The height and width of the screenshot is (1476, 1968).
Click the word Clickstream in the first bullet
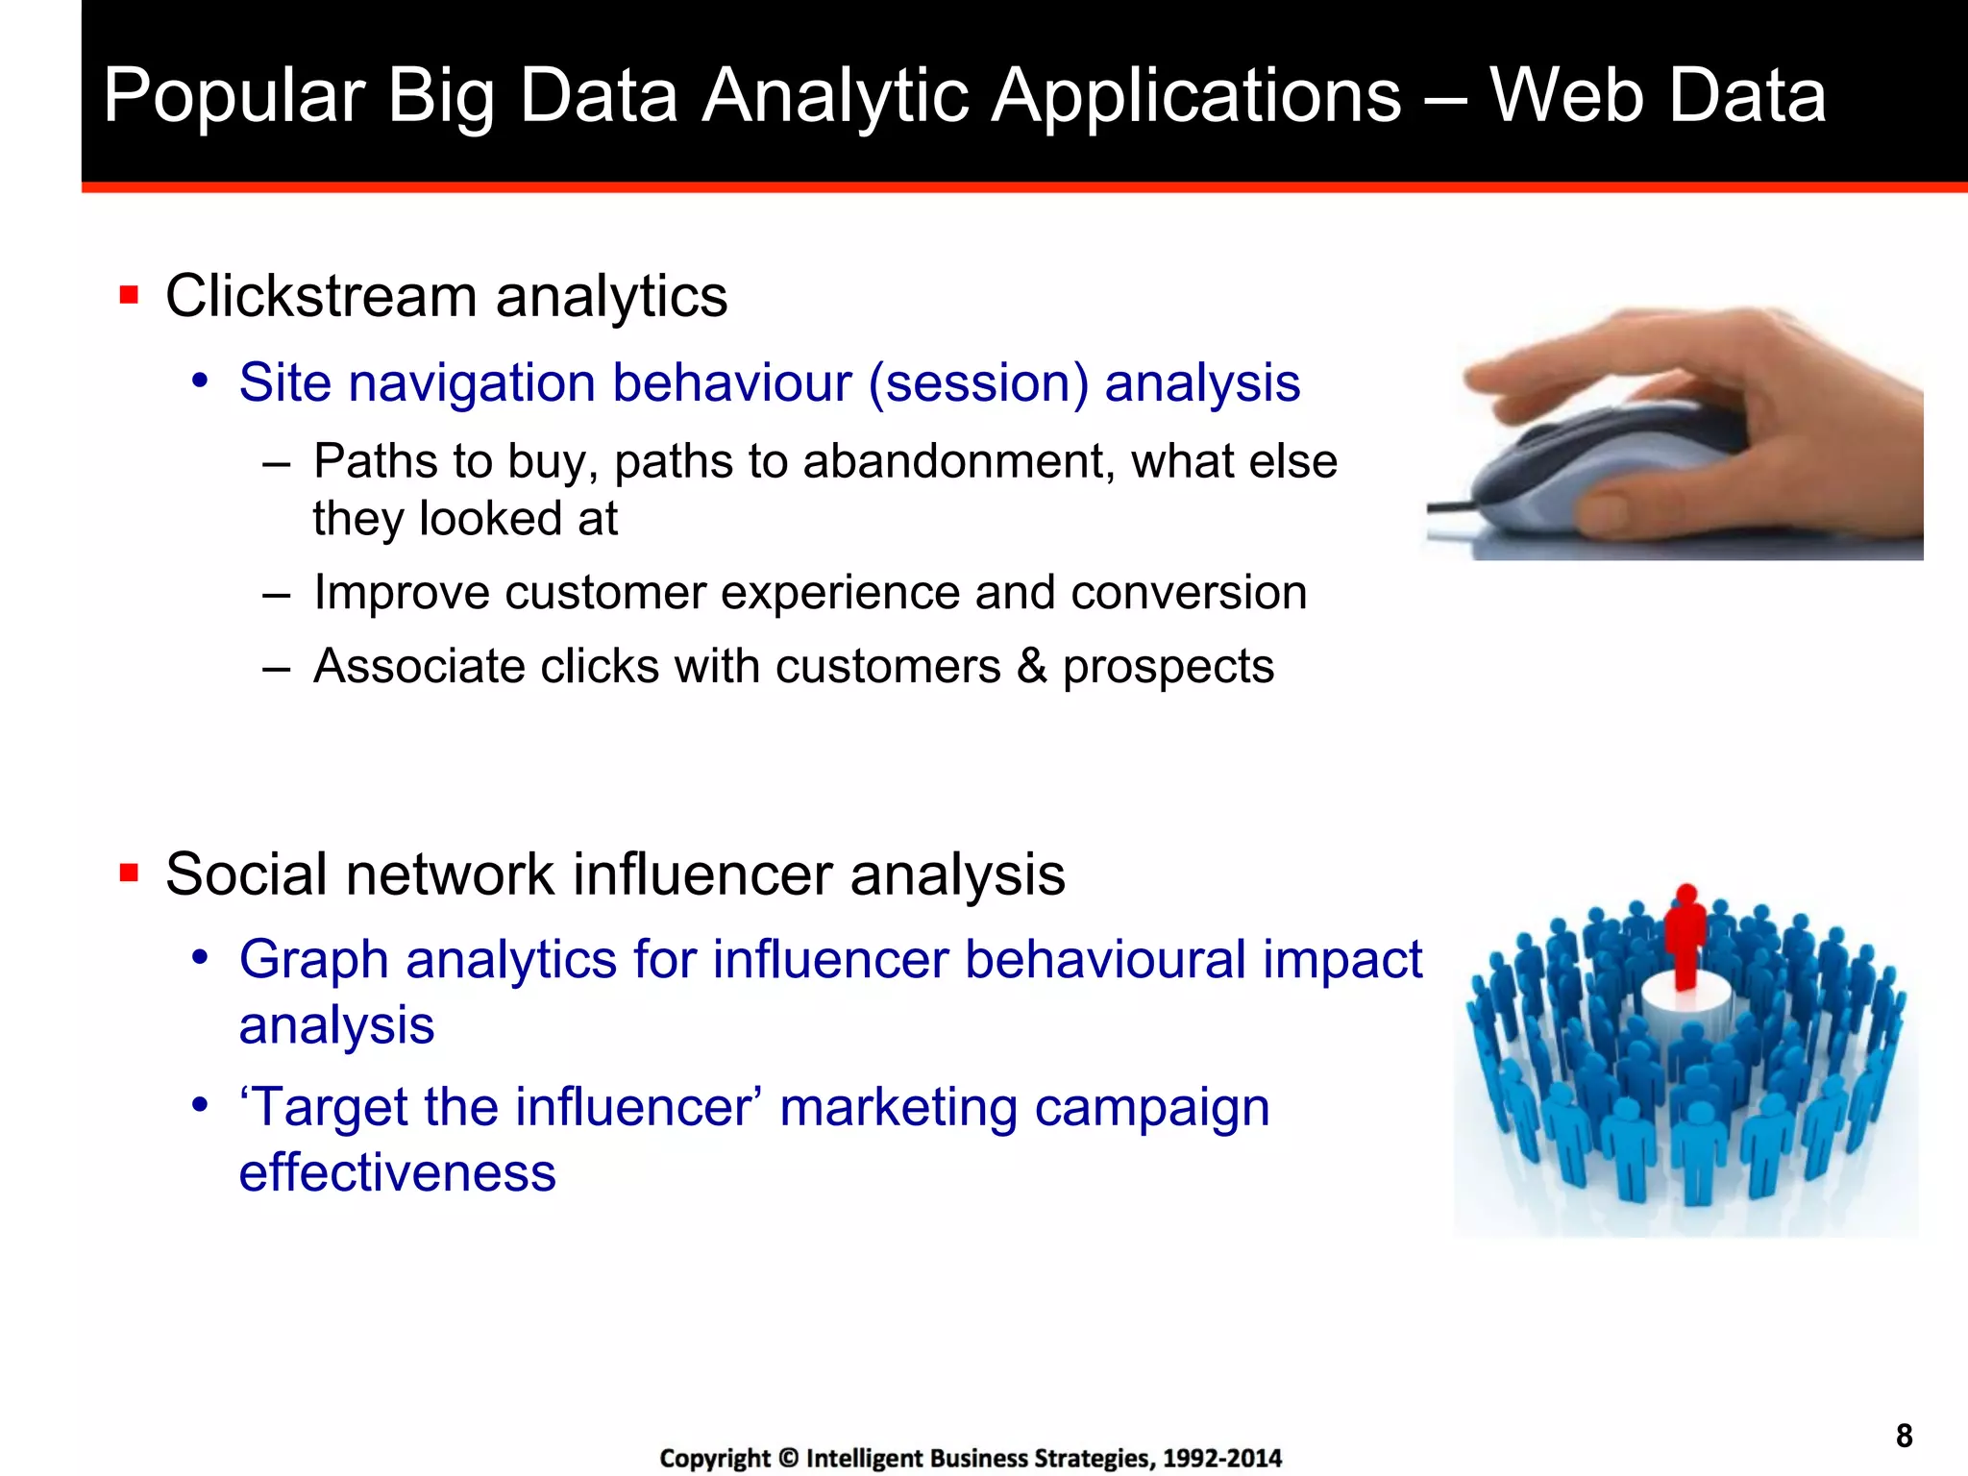point(321,296)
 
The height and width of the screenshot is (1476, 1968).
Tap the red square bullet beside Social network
point(129,873)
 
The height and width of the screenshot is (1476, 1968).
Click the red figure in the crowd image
point(1685,937)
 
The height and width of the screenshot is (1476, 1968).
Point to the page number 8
point(1904,1436)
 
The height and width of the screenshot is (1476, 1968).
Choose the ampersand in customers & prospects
point(1031,667)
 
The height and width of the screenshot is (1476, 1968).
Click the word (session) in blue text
point(978,383)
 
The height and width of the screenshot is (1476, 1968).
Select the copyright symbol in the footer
point(788,1459)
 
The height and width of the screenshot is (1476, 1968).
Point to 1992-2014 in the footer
point(1221,1459)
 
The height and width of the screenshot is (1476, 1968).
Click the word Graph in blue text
point(313,961)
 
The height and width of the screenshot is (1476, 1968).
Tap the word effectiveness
point(397,1173)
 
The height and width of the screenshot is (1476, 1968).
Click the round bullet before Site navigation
point(200,381)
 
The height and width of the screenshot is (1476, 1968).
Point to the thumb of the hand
point(1624,509)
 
